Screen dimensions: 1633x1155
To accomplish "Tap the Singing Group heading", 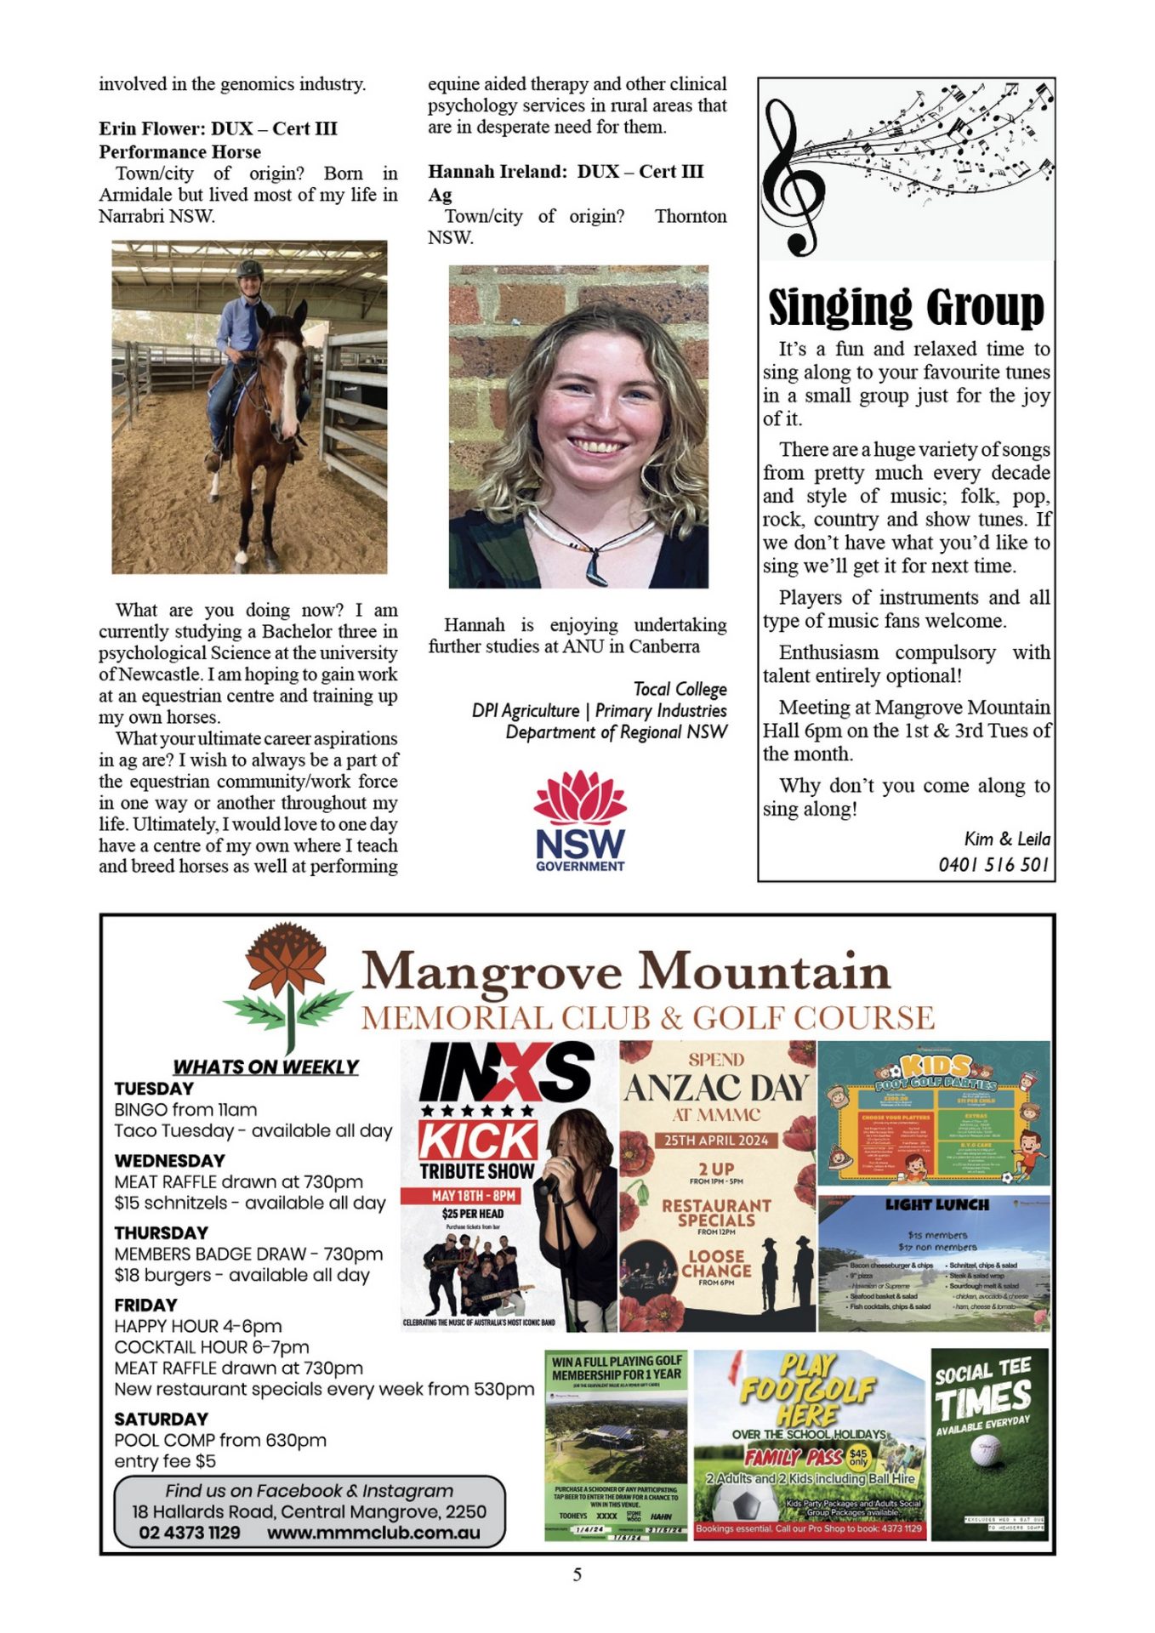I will click(906, 307).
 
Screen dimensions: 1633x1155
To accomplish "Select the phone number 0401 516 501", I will click(993, 864).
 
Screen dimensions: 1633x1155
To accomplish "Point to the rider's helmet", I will click(249, 270).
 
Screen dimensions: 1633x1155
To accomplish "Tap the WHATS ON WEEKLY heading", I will click(265, 1067).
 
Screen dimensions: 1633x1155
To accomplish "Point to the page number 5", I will click(577, 1574).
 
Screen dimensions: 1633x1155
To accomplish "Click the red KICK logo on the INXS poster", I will click(477, 1140).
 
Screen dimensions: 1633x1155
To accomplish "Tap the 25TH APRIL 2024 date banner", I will click(716, 1141).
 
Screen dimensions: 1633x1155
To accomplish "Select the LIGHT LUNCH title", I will click(936, 1205).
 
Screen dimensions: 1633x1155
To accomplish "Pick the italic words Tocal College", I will click(680, 689).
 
